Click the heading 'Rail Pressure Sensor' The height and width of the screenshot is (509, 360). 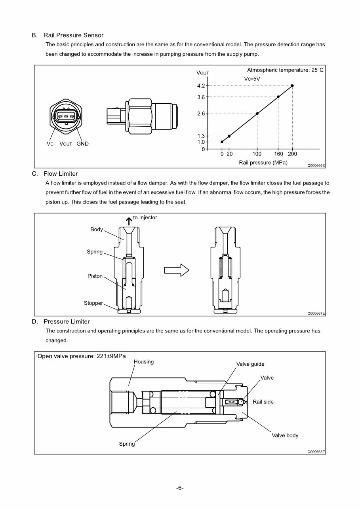pyautogui.click(x=73, y=35)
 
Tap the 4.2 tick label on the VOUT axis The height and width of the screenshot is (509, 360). pyautogui.click(x=201, y=85)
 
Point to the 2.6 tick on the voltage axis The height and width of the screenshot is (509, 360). pyautogui.click(x=201, y=114)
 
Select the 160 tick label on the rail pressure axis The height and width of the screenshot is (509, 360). pyautogui.click(x=278, y=154)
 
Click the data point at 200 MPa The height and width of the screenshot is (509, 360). pyautogui.click(x=292, y=85)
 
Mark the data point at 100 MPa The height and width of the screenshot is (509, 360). pyautogui.click(x=257, y=114)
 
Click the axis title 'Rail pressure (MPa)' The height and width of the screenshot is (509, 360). pyautogui.click(x=263, y=162)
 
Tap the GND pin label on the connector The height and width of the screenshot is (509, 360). pyautogui.click(x=82, y=144)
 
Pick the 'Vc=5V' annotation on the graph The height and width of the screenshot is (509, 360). pyautogui.click(x=252, y=79)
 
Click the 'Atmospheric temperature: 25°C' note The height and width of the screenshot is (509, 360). pyautogui.click(x=285, y=70)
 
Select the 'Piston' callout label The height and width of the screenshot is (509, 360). pyautogui.click(x=95, y=276)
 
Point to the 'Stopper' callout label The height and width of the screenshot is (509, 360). pyautogui.click(x=93, y=303)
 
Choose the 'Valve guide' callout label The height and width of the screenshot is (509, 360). pyautogui.click(x=250, y=364)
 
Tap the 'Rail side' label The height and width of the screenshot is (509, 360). pyautogui.click(x=263, y=402)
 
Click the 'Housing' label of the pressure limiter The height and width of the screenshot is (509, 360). pyautogui.click(x=144, y=362)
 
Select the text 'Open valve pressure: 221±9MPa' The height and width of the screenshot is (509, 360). pyautogui.click(x=82, y=356)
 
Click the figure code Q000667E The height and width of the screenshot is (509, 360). pyautogui.click(x=316, y=313)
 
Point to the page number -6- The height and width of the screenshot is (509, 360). pyautogui.click(x=180, y=488)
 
